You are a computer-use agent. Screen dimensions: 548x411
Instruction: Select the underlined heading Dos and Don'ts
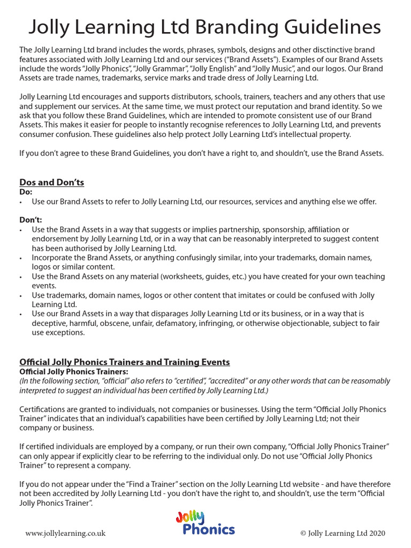(51, 182)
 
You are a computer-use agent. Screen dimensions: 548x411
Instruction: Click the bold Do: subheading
(26, 192)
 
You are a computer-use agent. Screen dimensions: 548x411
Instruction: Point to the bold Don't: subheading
(31, 220)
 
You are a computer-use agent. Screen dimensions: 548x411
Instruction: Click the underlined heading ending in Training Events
(125, 362)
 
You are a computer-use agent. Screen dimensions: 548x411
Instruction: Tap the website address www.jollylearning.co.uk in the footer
(65, 533)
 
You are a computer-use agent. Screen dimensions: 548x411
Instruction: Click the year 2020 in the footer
(375, 533)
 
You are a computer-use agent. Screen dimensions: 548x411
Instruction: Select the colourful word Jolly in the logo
(190, 517)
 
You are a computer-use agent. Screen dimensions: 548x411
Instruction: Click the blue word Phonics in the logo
(208, 530)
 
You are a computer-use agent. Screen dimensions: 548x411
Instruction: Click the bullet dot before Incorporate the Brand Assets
(20, 258)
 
